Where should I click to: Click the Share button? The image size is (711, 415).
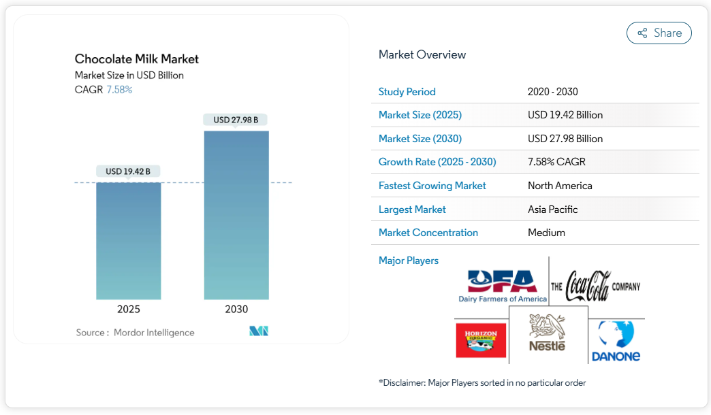click(x=659, y=33)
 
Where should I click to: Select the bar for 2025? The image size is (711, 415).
click(x=128, y=241)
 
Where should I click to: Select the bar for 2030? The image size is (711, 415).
click(x=236, y=215)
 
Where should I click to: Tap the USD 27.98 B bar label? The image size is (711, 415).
click(x=236, y=120)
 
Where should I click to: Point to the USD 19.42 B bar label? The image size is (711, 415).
click(x=128, y=171)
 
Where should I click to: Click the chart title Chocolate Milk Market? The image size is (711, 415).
click(x=137, y=59)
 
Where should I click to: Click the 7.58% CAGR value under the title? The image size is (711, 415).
click(x=119, y=89)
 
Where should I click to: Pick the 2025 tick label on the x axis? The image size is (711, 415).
click(x=128, y=309)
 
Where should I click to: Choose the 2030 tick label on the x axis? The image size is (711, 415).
click(x=236, y=309)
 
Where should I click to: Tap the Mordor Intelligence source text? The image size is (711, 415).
click(x=154, y=333)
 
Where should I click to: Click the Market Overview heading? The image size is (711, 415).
click(x=422, y=54)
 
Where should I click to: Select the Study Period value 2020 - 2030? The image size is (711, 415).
click(x=552, y=92)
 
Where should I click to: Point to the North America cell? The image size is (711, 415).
click(x=560, y=186)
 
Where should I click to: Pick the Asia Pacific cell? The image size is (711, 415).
click(x=552, y=210)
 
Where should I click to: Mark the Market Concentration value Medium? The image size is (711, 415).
click(x=546, y=233)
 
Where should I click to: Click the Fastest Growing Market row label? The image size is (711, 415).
click(x=432, y=186)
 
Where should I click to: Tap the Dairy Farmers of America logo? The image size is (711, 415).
click(x=503, y=286)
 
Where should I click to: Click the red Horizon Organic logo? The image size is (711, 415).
click(x=481, y=339)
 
